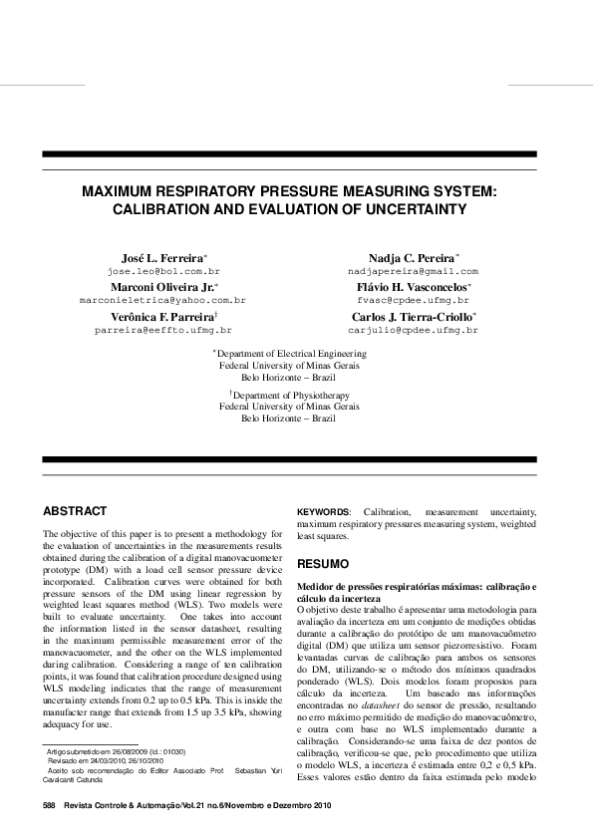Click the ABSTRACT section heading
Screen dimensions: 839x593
(75, 511)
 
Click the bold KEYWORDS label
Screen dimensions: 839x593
(323, 511)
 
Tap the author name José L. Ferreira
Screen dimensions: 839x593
(163, 257)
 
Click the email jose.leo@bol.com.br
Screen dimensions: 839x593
(163, 271)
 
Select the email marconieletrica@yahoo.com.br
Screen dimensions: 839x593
(162, 299)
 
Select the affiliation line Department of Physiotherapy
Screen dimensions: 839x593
(296, 395)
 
